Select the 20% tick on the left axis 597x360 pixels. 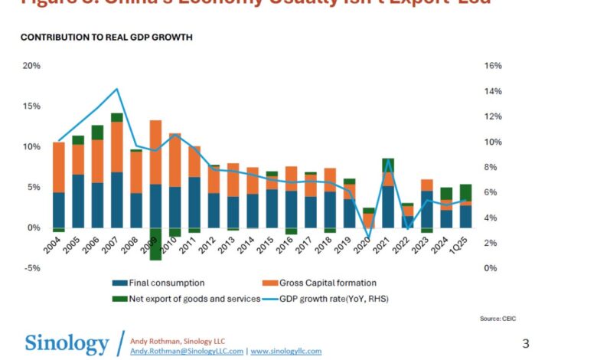coord(31,66)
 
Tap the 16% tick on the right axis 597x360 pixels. coord(493,66)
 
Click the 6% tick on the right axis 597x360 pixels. coord(493,192)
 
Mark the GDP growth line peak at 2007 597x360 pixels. coord(116,89)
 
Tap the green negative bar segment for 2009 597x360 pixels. coord(155,244)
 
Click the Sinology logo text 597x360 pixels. coord(67,342)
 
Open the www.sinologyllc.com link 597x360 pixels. coord(286,351)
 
